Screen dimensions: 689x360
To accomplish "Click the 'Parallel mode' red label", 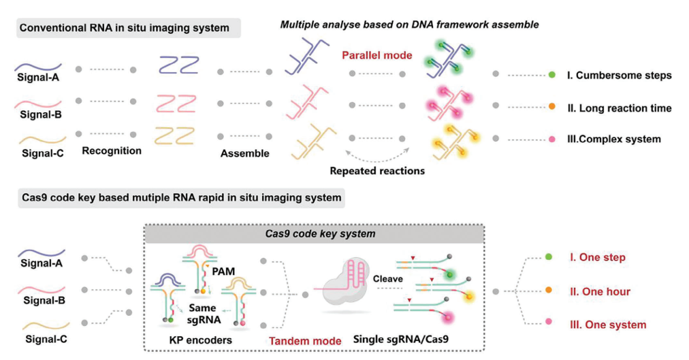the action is [x=377, y=55].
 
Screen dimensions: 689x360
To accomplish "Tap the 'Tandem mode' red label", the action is [x=306, y=341].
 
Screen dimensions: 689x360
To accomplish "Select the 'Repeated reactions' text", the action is [x=377, y=171].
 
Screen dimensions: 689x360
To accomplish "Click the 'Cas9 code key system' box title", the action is [x=321, y=233].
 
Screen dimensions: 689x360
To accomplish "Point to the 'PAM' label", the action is [x=223, y=272].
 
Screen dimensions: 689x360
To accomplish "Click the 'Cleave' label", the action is [x=388, y=279].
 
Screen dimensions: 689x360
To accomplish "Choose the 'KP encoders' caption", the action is [x=200, y=340].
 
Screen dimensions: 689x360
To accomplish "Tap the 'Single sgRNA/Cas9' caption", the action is [x=401, y=339].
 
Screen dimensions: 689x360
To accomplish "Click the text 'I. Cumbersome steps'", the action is [x=620, y=76].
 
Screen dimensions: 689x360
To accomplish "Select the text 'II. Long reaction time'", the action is [x=620, y=108].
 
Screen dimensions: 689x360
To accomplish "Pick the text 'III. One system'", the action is [x=608, y=325].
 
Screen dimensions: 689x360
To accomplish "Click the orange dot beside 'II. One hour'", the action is [x=549, y=290].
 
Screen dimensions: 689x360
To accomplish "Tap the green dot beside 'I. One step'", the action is [x=549, y=257].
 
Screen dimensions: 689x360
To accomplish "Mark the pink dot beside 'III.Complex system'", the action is [x=552, y=140].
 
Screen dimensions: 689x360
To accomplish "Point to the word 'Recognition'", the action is [x=112, y=151].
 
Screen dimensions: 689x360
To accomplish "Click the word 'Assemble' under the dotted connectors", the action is [x=244, y=154].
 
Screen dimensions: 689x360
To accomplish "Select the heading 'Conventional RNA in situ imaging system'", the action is [x=125, y=28].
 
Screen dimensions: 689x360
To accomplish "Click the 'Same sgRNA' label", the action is [x=203, y=314].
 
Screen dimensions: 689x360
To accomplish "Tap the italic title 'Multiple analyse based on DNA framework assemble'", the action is [x=410, y=24].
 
